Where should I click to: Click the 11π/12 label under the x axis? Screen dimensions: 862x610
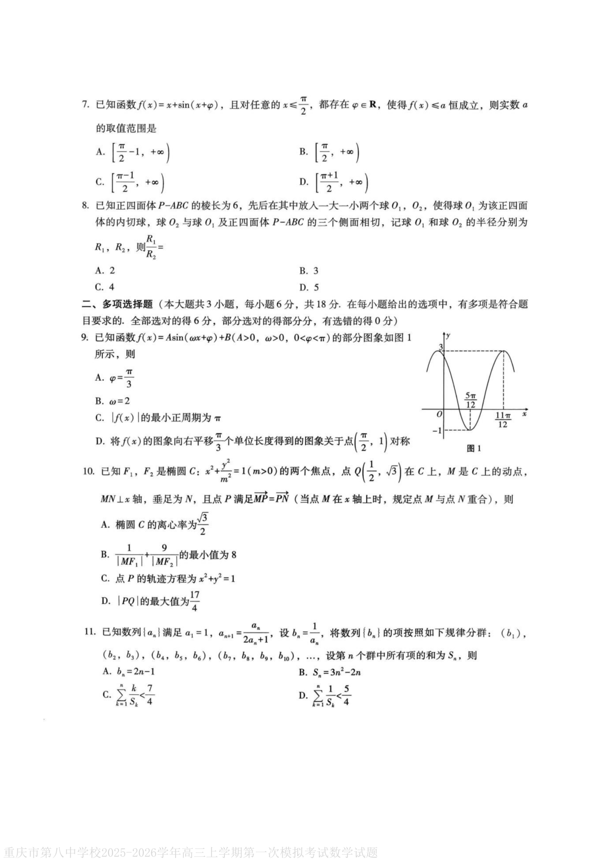[503, 420]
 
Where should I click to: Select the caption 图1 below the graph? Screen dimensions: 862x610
[473, 448]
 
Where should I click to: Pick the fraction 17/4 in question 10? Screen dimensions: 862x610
[195, 601]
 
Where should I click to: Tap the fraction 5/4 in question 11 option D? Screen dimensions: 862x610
[346, 695]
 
